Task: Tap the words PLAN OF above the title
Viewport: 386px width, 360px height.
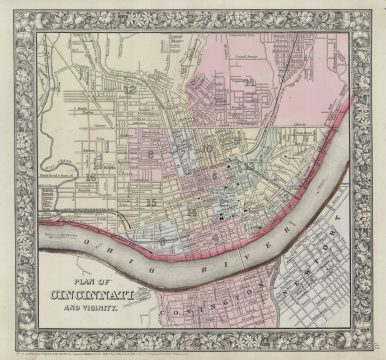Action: coord(98,280)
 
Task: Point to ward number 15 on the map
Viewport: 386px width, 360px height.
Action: coord(151,202)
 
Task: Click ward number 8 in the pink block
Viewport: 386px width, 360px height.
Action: coord(151,154)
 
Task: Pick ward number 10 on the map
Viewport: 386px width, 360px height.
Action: coord(208,149)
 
